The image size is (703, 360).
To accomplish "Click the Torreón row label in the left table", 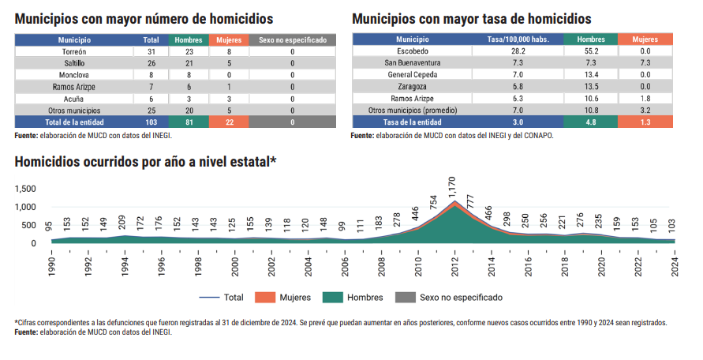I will [74, 51].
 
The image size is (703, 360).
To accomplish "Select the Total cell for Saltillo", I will [151, 63].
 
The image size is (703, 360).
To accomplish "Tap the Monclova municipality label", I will [74, 75].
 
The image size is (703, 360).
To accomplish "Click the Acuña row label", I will [74, 99].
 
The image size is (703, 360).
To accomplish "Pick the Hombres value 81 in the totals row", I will [189, 122].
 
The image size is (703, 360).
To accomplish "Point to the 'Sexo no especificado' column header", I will [293, 39].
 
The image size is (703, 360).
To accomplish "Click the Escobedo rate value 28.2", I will [518, 51].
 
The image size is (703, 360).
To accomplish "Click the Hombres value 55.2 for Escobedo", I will [591, 51].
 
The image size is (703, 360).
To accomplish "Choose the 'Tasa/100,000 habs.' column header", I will [518, 39].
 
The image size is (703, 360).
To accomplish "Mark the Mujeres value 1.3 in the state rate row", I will [645, 122].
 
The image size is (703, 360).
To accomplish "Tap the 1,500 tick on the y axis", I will [25, 189].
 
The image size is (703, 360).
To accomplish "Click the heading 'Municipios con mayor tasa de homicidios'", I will [471, 19].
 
